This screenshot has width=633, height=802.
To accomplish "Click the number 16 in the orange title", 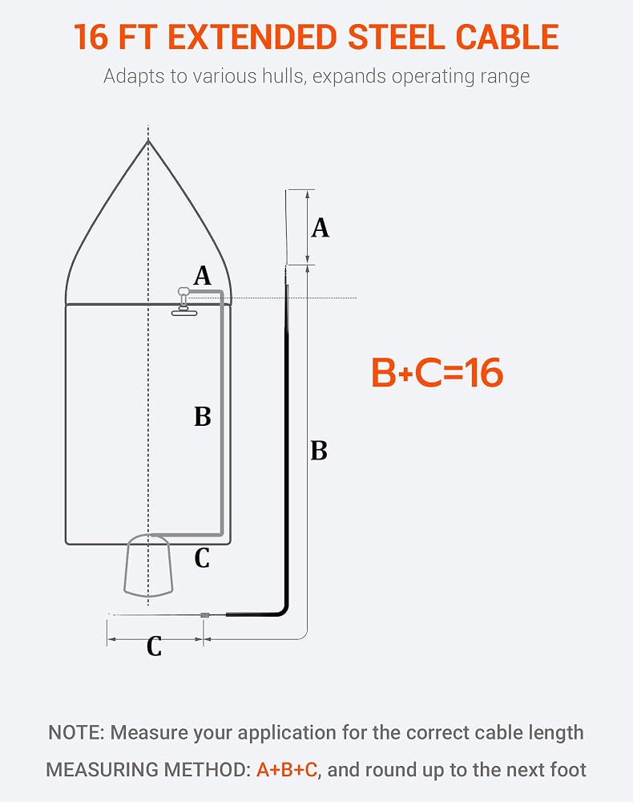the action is (91, 37).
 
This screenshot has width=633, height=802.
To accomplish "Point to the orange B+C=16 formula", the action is (437, 372).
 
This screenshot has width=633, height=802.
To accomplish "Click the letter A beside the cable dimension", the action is (321, 228).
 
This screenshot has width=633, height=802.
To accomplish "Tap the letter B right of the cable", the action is (319, 451).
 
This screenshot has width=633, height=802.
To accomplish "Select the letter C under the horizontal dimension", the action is (155, 646).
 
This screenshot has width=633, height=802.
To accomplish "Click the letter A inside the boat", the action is (202, 276).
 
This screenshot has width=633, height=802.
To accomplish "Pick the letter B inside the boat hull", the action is (202, 416).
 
